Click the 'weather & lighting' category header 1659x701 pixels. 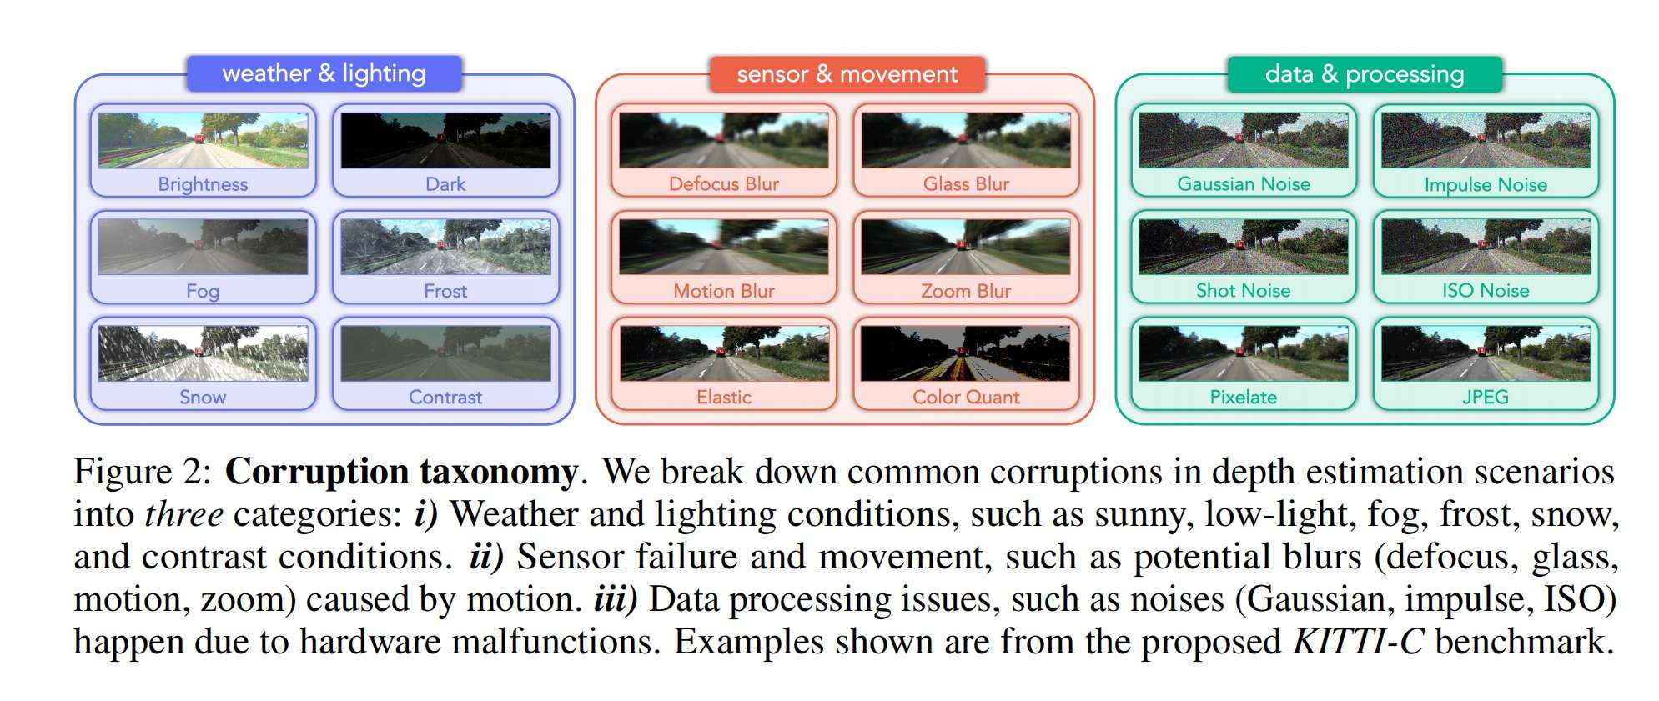click(324, 73)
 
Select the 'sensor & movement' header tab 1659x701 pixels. click(847, 74)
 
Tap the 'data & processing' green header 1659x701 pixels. click(1364, 74)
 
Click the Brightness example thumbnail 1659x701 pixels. click(203, 140)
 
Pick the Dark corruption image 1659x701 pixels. click(445, 140)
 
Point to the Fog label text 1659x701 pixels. click(203, 291)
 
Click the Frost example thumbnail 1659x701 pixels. click(445, 247)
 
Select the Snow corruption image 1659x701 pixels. click(203, 353)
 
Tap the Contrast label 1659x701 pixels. click(445, 398)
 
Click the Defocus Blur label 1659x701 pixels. click(723, 184)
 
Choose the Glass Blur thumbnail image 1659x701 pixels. click(966, 140)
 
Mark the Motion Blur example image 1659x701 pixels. click(723, 247)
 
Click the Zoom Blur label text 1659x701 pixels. click(966, 291)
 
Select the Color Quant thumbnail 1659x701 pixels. click(966, 353)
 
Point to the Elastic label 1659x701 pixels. click(723, 398)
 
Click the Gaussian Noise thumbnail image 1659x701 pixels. click(1243, 140)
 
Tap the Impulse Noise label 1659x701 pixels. click(1486, 184)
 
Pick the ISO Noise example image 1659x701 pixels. click(1486, 247)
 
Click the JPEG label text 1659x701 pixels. click(1486, 398)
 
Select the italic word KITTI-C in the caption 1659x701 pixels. click(1358, 642)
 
